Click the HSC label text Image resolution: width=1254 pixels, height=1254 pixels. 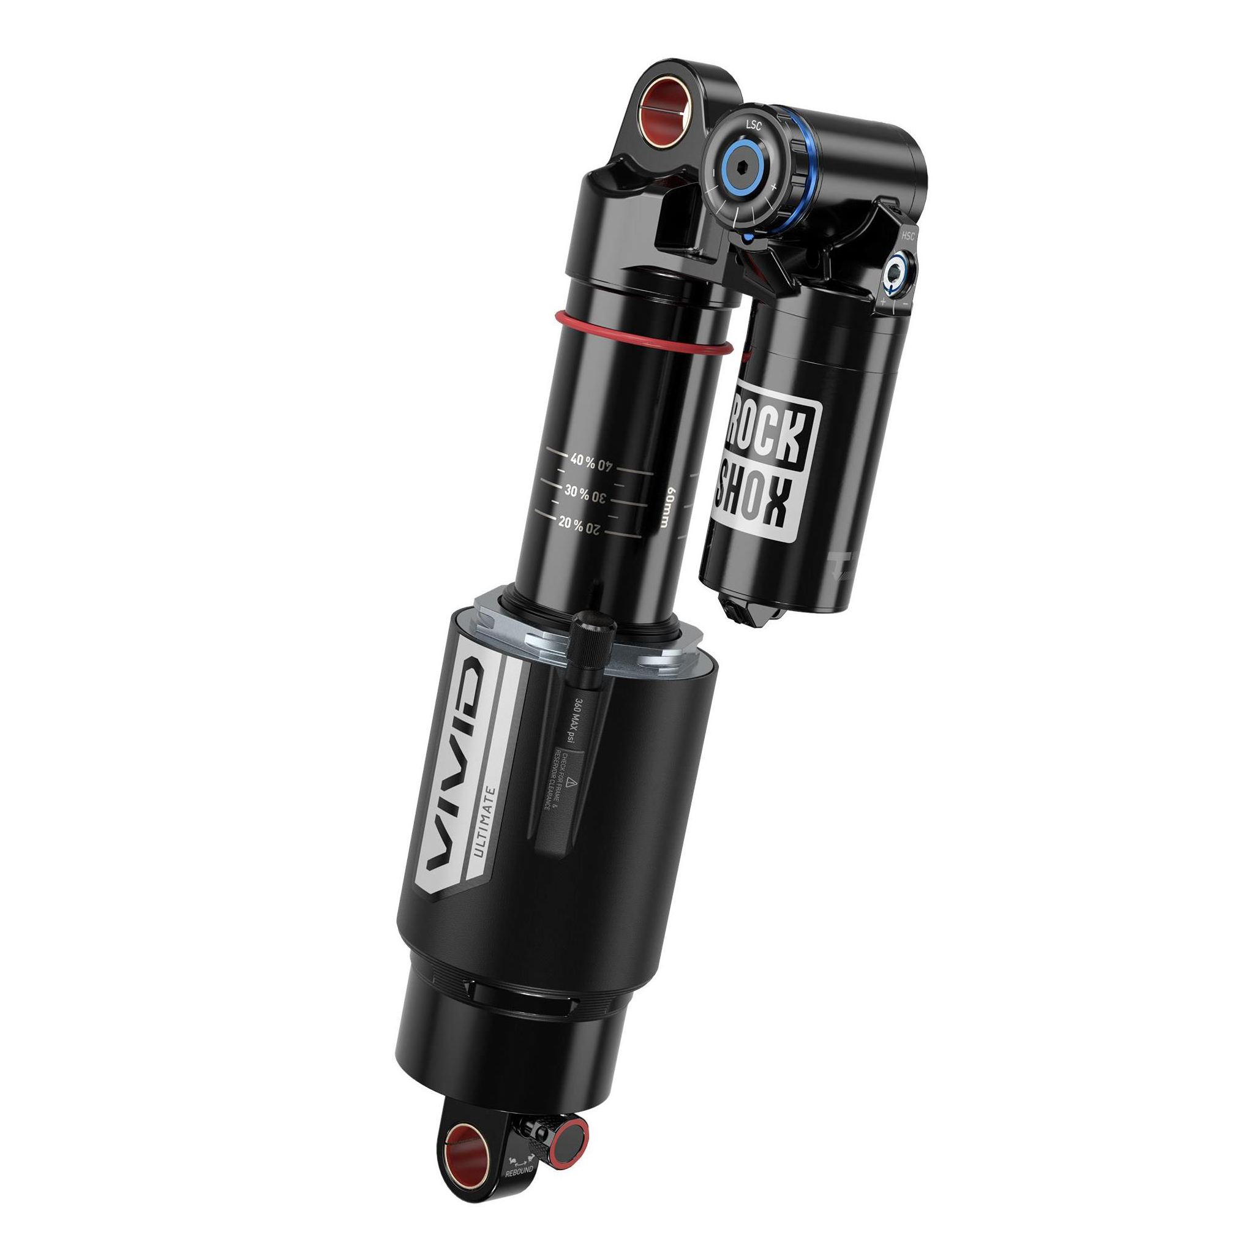(x=907, y=236)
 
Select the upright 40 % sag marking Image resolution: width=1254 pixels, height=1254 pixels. (x=582, y=460)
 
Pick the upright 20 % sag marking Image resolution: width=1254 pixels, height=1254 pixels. (x=570, y=522)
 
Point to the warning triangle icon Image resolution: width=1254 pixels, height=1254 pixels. (x=571, y=784)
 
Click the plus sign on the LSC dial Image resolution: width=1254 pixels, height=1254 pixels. (x=772, y=186)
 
